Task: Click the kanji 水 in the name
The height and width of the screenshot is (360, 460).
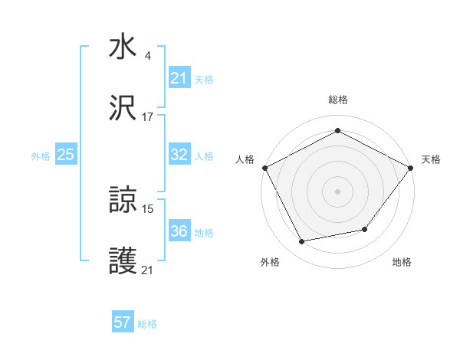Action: [123, 47]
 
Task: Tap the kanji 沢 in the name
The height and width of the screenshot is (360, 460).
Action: [123, 108]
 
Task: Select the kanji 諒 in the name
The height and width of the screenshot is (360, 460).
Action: [123, 200]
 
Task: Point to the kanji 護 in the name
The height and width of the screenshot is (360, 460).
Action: [123, 261]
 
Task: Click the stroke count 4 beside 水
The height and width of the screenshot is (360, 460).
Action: [147, 56]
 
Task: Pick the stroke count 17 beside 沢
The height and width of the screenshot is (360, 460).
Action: [147, 117]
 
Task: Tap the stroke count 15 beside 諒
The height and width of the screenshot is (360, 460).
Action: [147, 208]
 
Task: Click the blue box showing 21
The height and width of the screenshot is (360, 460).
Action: [179, 78]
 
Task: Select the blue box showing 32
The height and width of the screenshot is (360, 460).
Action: [179, 155]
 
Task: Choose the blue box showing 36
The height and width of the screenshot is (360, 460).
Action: [179, 231]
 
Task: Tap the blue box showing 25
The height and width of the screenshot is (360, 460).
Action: [66, 155]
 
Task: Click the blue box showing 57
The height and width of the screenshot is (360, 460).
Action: [123, 322]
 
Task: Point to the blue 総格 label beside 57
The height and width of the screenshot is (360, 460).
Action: [147, 324]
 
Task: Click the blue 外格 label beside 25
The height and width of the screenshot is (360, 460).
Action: [41, 156]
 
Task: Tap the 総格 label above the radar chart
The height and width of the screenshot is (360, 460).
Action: [338, 100]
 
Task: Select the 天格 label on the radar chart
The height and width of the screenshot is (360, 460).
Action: [431, 159]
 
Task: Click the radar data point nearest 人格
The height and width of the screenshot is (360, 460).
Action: [264, 167]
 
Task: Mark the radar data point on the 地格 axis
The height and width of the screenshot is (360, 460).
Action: [365, 229]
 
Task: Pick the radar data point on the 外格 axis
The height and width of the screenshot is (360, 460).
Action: [302, 241]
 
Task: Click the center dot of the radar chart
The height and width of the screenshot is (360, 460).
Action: [338, 191]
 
